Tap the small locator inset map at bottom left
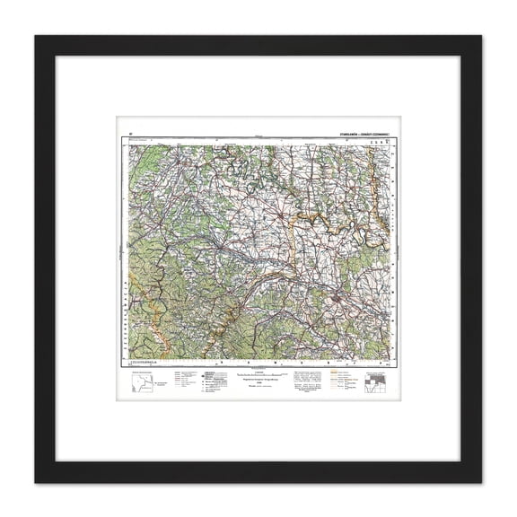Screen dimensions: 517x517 140,384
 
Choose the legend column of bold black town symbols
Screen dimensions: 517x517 207,381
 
